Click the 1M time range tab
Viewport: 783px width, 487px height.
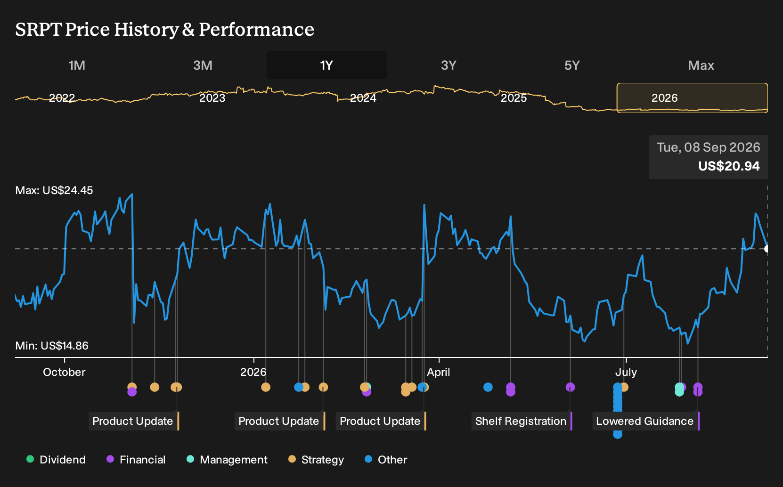click(x=77, y=65)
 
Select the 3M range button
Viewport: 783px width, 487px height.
click(x=203, y=65)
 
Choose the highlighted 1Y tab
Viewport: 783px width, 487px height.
click(x=327, y=65)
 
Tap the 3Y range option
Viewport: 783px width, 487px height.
click(x=449, y=65)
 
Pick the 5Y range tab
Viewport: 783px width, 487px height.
click(x=572, y=65)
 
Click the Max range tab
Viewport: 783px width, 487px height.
click(x=701, y=65)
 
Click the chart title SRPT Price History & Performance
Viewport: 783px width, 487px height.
click(x=164, y=29)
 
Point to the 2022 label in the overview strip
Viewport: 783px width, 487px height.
click(x=62, y=98)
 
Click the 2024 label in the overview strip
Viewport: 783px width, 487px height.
click(x=363, y=98)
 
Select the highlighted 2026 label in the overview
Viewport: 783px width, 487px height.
click(x=664, y=98)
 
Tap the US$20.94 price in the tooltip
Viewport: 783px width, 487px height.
click(x=729, y=166)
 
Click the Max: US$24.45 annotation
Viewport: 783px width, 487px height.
click(x=54, y=190)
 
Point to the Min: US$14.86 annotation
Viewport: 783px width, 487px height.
click(x=52, y=346)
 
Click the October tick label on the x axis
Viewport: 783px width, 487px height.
click(x=64, y=372)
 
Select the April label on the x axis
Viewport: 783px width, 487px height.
click(x=438, y=372)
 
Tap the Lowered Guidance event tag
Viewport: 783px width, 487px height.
click(x=646, y=421)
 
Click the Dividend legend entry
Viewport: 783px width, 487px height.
click(x=56, y=459)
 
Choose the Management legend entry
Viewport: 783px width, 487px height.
click(x=227, y=459)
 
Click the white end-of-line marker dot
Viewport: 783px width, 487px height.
click(x=767, y=249)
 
